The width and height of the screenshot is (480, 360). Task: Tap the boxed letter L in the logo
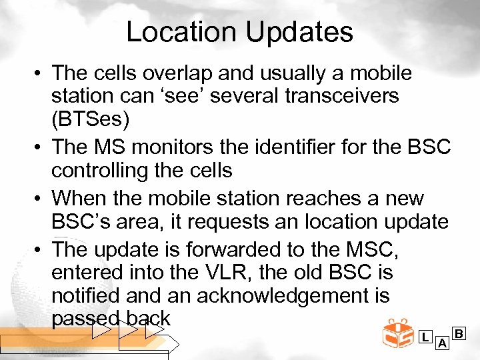click(425, 337)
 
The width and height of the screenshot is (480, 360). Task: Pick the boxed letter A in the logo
click(441, 343)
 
